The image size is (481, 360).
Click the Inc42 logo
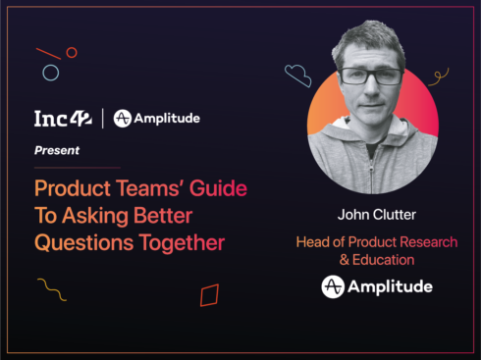pyautogui.click(x=63, y=119)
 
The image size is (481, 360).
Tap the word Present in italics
pyautogui.click(x=57, y=151)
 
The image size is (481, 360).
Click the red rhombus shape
pyautogui.click(x=209, y=295)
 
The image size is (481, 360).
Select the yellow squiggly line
pyautogui.click(x=51, y=288)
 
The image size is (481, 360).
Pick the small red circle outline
pyautogui.click(x=71, y=52)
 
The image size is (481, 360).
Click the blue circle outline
pyautogui.click(x=50, y=72)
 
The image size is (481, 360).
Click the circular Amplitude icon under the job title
pyautogui.click(x=333, y=286)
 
